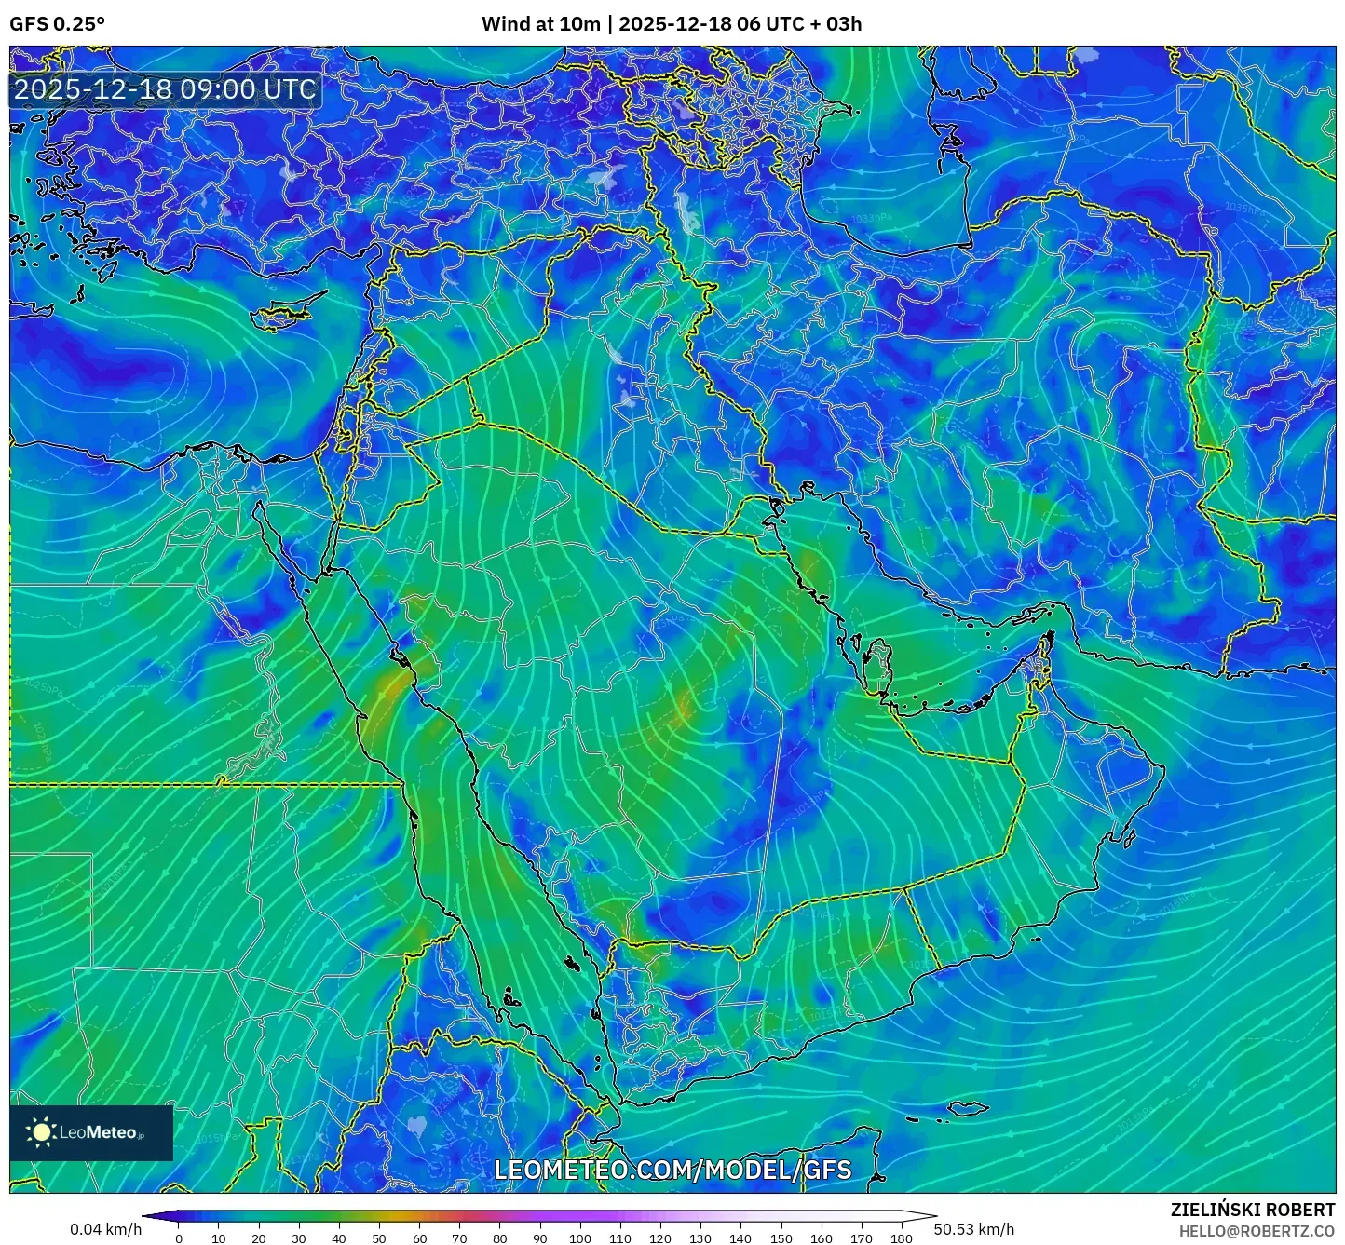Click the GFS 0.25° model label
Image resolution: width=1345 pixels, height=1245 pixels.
click(57, 24)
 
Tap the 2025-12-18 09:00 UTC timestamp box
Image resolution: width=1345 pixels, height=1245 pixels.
click(165, 89)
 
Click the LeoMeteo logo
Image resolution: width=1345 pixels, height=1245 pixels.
click(91, 1132)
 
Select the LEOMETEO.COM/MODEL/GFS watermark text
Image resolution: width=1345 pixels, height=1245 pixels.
click(672, 1170)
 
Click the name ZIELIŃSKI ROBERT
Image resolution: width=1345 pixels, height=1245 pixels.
click(1252, 1210)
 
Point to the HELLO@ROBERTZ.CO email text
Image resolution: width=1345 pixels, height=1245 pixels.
click(1257, 1231)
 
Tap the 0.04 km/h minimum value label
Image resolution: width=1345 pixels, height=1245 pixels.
click(105, 1229)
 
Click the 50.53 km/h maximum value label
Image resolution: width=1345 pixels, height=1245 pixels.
click(973, 1229)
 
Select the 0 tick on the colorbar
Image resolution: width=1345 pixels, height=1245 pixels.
click(179, 1238)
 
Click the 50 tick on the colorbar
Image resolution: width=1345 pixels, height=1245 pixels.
click(379, 1238)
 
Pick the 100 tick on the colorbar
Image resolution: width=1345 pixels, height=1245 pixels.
click(580, 1238)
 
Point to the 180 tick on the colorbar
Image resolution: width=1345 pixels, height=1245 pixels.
click(901, 1238)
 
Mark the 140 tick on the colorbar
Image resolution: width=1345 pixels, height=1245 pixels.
click(740, 1238)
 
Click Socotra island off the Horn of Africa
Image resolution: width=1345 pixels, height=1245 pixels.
click(970, 1108)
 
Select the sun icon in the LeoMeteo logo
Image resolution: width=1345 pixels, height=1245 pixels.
click(41, 1132)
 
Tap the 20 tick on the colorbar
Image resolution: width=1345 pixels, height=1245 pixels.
click(259, 1238)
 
